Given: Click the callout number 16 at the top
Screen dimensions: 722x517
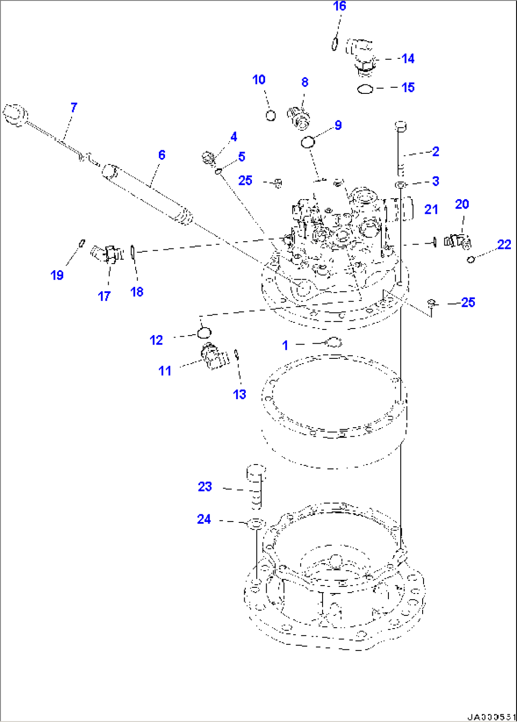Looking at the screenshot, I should tap(340, 6).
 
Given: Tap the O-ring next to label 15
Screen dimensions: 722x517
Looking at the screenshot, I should tap(365, 89).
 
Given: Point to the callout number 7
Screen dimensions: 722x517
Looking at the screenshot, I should tap(74, 108).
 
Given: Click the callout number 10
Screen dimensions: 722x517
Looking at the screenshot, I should tap(259, 80).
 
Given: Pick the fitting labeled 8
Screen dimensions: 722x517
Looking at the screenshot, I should tap(298, 117).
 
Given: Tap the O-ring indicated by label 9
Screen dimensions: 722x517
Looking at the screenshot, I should tap(308, 141).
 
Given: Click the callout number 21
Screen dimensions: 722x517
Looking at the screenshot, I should tap(431, 209).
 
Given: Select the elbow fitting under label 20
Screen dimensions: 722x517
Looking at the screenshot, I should tap(457, 240).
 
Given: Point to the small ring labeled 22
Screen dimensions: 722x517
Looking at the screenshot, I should tap(471, 259).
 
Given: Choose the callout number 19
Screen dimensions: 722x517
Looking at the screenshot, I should tap(57, 275).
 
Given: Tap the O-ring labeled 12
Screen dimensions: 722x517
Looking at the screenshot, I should tap(204, 333).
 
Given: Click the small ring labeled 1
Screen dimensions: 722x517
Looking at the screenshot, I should tap(333, 342).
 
